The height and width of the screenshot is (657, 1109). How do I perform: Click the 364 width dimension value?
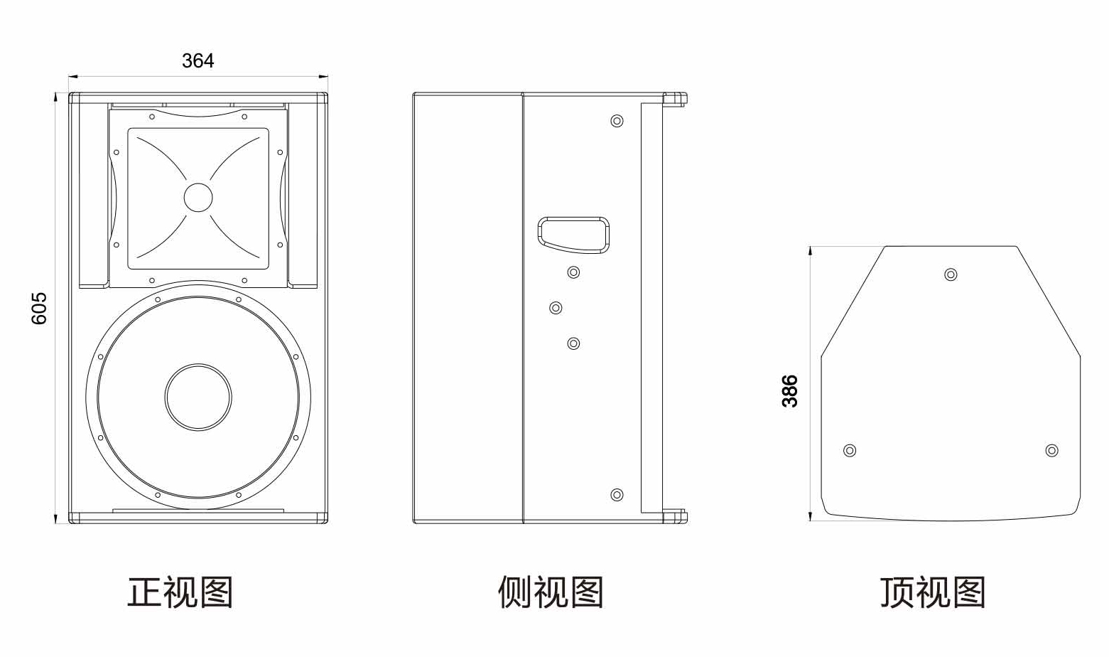(x=198, y=61)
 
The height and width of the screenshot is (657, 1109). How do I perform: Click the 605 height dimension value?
(x=40, y=308)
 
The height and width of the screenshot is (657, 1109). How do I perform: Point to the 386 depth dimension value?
(x=790, y=391)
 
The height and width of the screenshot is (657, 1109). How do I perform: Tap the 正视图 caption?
(x=180, y=592)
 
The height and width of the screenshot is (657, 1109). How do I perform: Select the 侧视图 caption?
(x=551, y=592)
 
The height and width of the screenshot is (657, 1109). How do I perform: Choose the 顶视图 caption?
(x=933, y=592)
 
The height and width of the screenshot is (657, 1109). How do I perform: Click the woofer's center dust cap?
(x=198, y=397)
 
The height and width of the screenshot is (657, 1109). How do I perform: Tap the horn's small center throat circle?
(x=198, y=198)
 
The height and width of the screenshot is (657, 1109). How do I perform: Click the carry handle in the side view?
(x=573, y=234)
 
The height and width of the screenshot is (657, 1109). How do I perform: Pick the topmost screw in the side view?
(x=617, y=121)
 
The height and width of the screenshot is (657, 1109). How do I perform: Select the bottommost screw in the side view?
(x=617, y=495)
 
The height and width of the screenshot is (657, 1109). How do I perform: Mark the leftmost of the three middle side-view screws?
(x=556, y=308)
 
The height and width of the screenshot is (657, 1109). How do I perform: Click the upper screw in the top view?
(x=951, y=274)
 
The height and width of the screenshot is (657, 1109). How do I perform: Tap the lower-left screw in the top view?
(x=849, y=450)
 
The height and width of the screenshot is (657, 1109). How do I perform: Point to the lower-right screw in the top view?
(x=1052, y=450)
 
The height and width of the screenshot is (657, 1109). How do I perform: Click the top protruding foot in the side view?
(x=676, y=99)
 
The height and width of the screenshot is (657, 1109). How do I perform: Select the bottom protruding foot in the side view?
(x=676, y=517)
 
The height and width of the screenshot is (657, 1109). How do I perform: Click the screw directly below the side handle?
(x=573, y=272)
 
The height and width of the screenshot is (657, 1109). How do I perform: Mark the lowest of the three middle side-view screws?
(x=573, y=343)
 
